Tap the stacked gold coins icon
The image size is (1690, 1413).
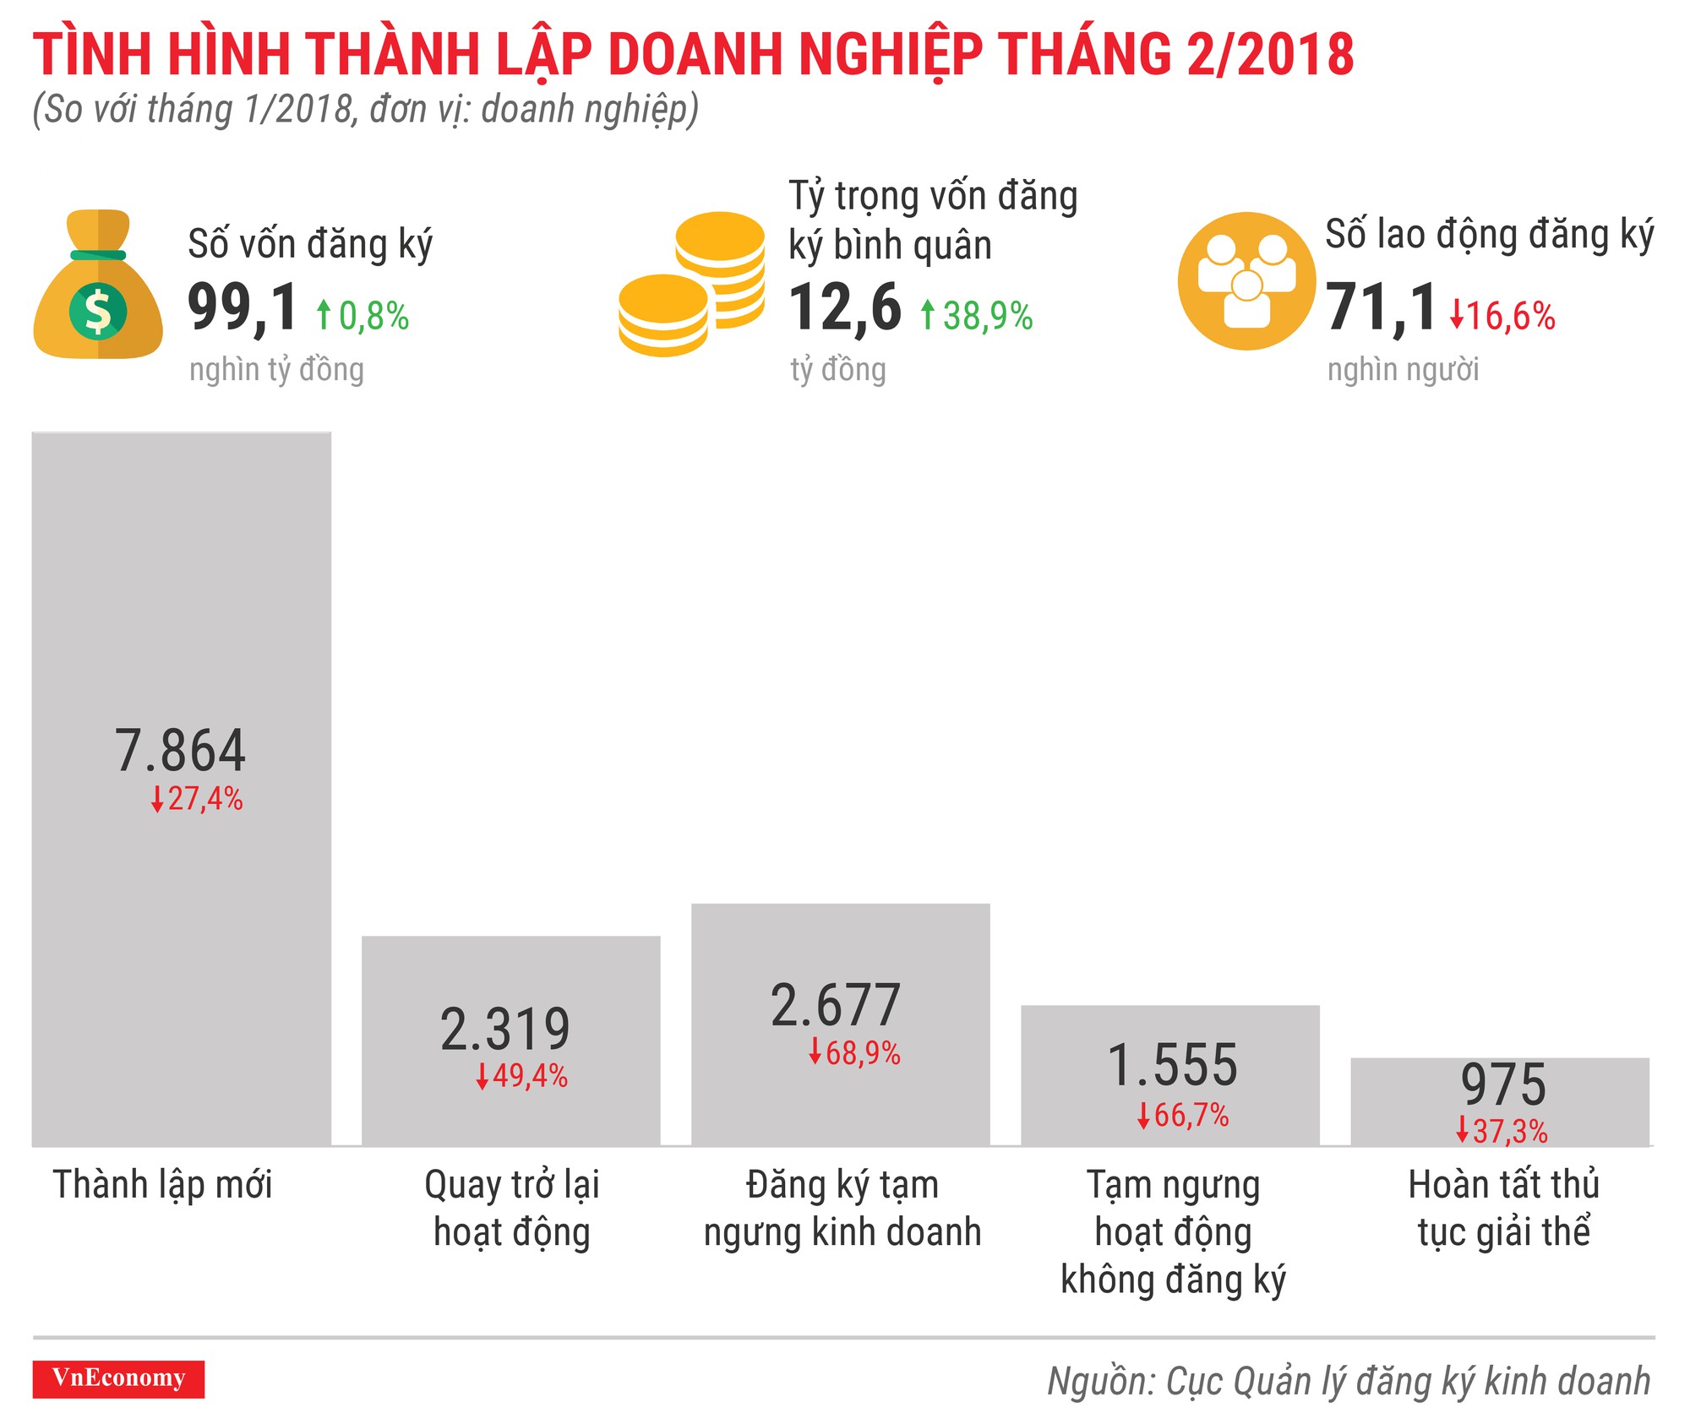[692, 285]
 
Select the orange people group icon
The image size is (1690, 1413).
[1246, 280]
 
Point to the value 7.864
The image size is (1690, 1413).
[180, 750]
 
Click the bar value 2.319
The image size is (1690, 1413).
[505, 1029]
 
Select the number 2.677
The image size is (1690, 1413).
[836, 1005]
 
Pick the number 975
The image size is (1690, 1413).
[1503, 1084]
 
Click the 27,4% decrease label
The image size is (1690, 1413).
[198, 799]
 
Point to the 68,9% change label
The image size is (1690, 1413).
[855, 1053]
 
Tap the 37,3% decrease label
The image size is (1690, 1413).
[1502, 1131]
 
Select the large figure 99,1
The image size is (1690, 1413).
[243, 307]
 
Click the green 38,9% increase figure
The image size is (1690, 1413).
[977, 317]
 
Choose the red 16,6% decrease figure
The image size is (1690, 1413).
[1502, 317]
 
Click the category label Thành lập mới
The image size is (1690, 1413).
[162, 1184]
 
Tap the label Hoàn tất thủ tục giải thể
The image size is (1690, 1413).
[1503, 1208]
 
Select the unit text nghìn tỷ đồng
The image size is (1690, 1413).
[276, 370]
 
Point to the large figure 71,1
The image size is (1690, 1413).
[1381, 307]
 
